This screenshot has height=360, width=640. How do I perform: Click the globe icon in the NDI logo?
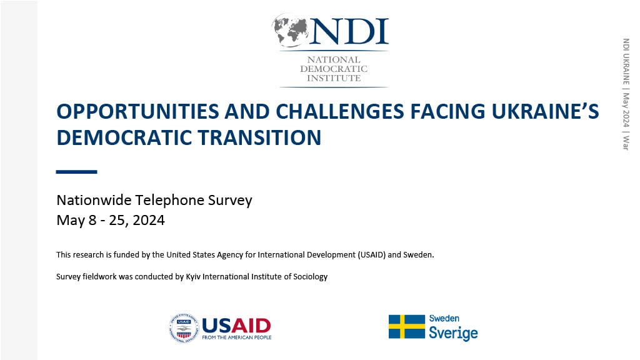tap(291, 29)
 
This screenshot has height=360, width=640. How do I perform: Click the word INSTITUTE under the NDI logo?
tap(334, 78)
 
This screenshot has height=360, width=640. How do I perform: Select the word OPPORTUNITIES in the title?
tap(138, 111)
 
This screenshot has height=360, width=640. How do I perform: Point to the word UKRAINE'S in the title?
tap(545, 111)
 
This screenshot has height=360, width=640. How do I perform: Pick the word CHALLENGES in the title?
tap(339, 111)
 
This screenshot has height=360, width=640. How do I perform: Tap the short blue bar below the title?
tap(76, 172)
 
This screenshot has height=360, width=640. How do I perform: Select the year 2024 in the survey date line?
tap(149, 220)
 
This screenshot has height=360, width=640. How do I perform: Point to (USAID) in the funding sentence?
tap(371, 255)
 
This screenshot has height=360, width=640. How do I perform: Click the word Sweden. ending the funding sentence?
tap(418, 255)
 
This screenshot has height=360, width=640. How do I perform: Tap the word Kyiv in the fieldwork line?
tap(193, 277)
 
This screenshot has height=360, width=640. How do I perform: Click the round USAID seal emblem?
tap(184, 327)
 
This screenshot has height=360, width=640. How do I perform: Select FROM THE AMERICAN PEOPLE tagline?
tap(237, 337)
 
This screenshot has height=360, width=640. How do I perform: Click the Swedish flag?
tap(406, 326)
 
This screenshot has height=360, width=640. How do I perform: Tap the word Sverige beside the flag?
tap(453, 333)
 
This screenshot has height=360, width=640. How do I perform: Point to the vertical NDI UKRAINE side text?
tap(626, 61)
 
